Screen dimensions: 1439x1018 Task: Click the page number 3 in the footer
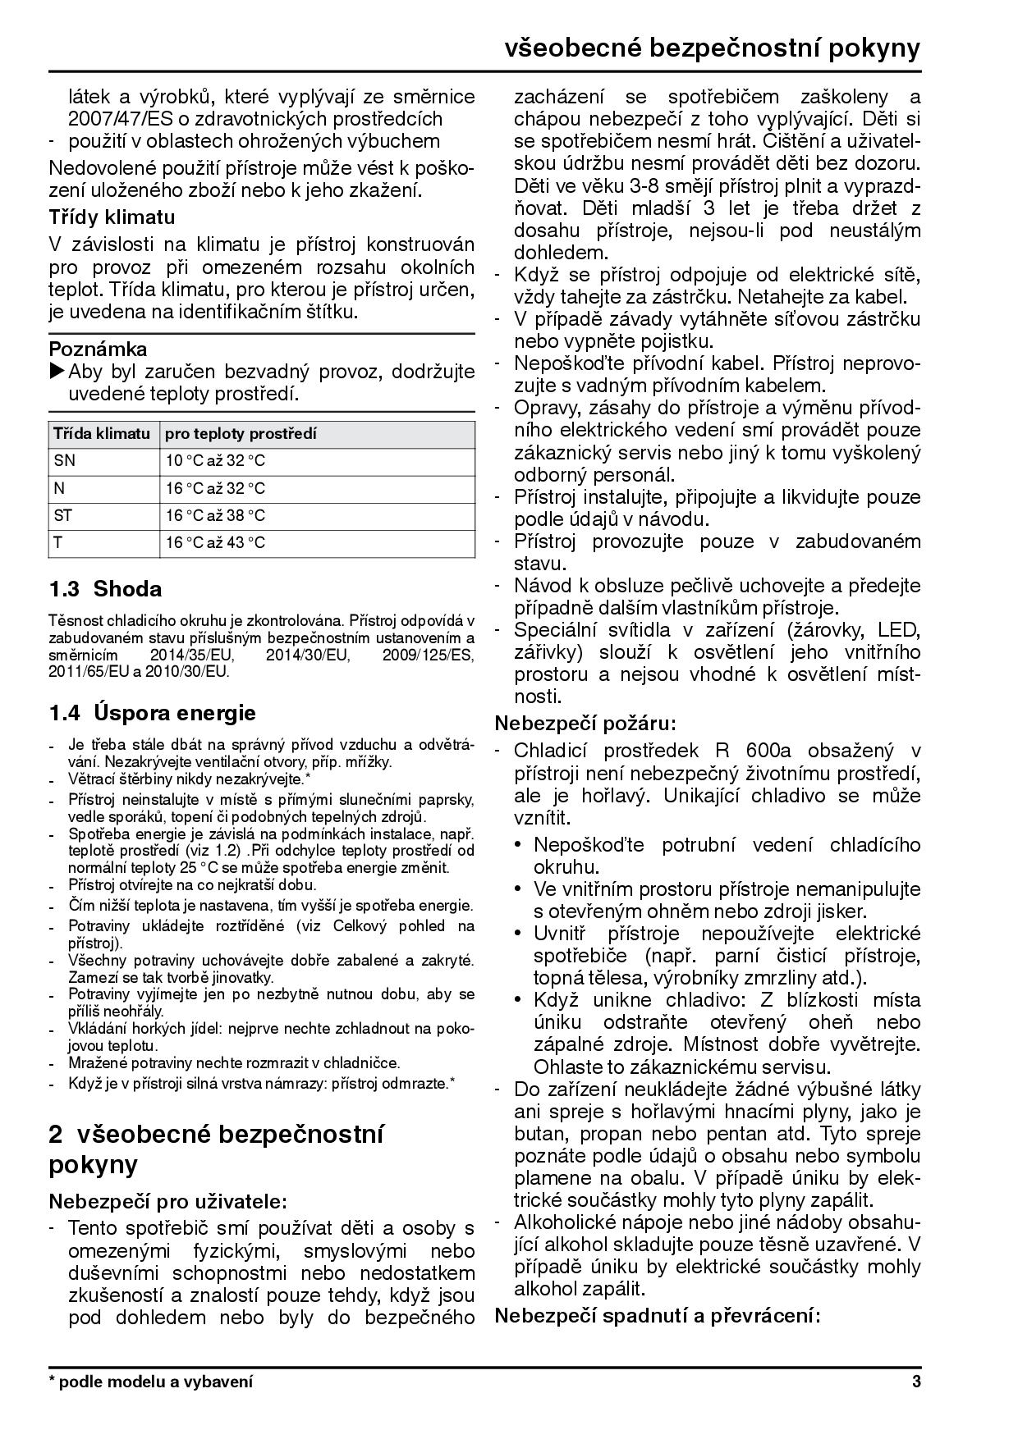[x=915, y=1382]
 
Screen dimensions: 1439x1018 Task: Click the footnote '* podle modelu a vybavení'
[x=151, y=1382]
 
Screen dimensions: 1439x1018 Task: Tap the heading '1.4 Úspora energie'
[x=152, y=712]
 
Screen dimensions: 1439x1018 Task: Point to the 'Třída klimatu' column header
[x=102, y=433]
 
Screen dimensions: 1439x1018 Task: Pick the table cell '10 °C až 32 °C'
[x=216, y=460]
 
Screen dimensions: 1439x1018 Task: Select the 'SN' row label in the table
[x=64, y=460]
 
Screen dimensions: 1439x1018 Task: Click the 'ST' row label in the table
[x=63, y=515]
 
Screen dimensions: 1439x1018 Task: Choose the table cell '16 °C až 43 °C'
[x=216, y=542]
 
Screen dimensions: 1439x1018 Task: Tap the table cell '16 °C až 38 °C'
[x=216, y=515]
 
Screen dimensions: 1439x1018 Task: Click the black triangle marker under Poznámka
[x=57, y=372]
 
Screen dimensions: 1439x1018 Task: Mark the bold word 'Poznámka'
[x=98, y=349]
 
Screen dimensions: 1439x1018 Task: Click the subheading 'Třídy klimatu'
[x=112, y=217]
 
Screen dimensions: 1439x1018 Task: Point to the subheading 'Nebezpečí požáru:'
[x=585, y=724]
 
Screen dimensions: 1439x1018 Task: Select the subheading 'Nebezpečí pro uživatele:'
[x=167, y=1202]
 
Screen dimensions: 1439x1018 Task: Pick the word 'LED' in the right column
[x=899, y=630]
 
